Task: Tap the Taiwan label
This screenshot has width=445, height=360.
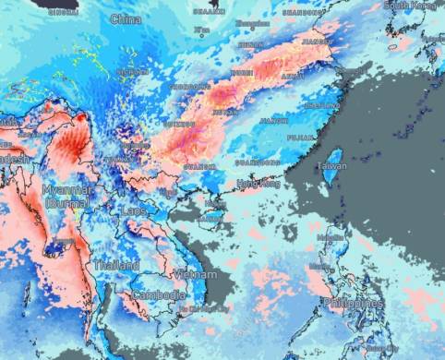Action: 332,166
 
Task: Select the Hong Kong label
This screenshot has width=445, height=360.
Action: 259,184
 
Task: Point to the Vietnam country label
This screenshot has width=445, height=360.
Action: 195,274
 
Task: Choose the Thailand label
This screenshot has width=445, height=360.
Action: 115,265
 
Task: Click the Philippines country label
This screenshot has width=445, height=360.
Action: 354,303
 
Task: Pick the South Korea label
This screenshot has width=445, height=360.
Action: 410,6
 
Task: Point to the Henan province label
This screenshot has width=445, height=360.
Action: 250,44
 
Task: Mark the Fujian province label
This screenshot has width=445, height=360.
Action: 301,137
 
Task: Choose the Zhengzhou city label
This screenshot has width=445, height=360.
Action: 247,24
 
